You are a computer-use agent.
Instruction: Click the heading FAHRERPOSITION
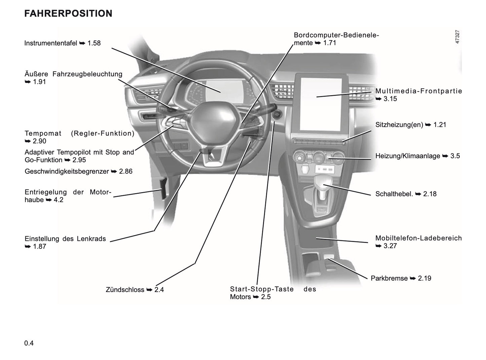point(68,13)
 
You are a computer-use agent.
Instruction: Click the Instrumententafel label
point(51,43)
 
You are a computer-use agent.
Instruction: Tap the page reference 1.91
point(39,82)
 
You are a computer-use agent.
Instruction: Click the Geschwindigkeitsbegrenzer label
point(67,171)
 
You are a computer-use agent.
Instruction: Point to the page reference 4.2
point(59,200)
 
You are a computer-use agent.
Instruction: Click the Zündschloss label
point(125,290)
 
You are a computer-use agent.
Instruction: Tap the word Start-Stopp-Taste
point(262,289)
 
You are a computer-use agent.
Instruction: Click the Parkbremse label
point(389,278)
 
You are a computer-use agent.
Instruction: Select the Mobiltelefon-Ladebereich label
point(418,238)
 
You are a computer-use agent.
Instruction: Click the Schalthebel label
point(394,194)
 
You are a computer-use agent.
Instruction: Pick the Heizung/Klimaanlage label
point(408,156)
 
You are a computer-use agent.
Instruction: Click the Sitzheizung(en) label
point(399,125)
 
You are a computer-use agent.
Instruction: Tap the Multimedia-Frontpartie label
point(419,91)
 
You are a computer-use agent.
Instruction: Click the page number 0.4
point(29,343)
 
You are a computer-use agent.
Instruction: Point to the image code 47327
point(457,37)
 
